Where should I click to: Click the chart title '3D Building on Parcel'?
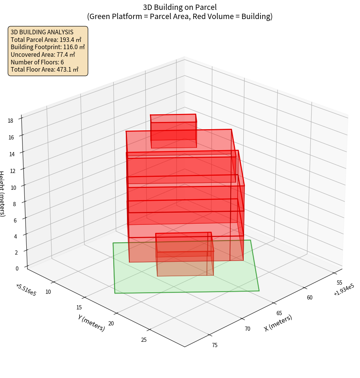(180, 7)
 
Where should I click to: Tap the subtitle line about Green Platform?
(180, 16)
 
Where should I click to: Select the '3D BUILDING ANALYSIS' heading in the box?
(42, 32)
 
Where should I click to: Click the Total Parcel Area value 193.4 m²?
(71, 40)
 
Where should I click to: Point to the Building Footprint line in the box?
(48, 47)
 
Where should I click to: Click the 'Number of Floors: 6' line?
(37, 62)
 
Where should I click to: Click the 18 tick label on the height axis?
(10, 121)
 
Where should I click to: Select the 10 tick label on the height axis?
(13, 187)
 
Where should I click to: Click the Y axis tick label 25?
(144, 340)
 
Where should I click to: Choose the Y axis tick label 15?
(79, 308)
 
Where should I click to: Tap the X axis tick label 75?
(214, 345)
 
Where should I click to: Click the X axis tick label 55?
(339, 283)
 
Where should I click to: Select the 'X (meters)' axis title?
(278, 323)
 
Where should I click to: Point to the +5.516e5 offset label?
(26, 290)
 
